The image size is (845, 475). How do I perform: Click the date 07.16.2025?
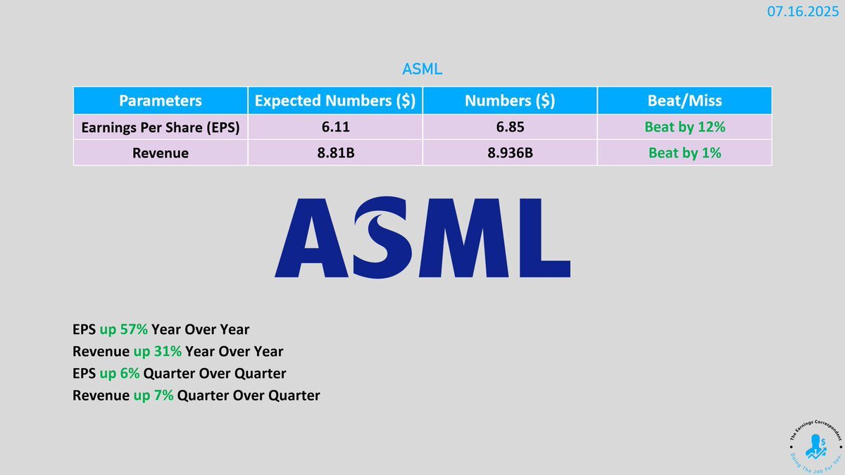coord(803,12)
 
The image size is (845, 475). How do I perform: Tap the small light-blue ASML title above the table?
coord(422,70)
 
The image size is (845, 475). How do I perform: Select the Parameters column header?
coord(161,101)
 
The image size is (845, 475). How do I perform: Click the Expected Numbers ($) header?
coord(335,101)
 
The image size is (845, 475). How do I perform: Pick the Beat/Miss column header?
coord(684,101)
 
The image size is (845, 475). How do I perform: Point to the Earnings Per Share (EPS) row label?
coord(161,127)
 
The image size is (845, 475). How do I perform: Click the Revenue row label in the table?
coord(161,153)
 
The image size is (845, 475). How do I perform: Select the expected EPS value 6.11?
coord(335,127)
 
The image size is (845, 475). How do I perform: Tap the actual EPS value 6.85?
coord(510,127)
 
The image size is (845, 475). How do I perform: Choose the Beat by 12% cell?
coord(684,127)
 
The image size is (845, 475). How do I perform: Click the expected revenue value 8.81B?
coord(335,153)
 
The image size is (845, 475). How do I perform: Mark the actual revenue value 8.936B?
coord(510,153)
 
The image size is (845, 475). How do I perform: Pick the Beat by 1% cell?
coord(684,153)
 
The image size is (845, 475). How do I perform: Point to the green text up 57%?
coord(123,329)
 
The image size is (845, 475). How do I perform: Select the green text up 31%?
coord(157,351)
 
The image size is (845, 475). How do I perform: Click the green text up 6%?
coord(119,374)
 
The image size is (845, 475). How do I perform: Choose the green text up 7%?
coord(154,395)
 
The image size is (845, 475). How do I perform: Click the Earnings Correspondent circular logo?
coord(815,447)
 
